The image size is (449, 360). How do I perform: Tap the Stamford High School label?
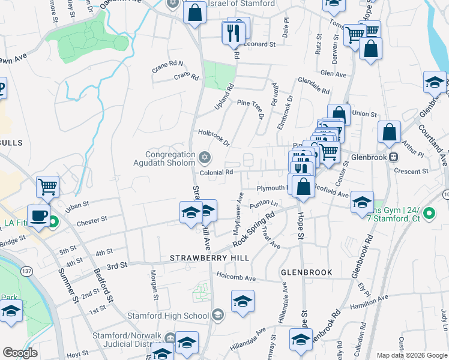167,316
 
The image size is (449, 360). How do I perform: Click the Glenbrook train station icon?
393,157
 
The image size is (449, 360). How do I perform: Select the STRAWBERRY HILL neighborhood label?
209,258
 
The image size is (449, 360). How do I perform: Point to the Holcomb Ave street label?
236,278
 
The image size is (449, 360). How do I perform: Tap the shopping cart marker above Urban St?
48,187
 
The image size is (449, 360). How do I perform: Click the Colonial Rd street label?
216,173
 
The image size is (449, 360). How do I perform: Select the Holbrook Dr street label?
214,139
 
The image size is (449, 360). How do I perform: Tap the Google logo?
20,353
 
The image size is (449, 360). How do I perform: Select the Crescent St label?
411,170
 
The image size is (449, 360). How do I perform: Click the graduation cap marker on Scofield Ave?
362,202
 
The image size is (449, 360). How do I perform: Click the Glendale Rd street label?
313,87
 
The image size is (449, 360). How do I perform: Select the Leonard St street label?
259,44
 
